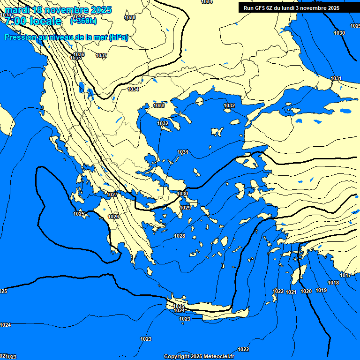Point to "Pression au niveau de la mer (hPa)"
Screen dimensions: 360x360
[66, 37]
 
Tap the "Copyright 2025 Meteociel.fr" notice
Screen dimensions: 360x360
[200, 357]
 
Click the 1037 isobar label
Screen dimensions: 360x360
[101, 56]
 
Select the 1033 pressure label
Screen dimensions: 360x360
[159, 106]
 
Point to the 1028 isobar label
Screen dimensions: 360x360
[180, 236]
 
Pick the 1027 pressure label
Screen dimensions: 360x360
[112, 195]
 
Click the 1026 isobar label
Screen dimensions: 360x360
[113, 217]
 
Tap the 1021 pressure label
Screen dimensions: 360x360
[291, 292]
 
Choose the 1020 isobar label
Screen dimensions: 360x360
[306, 292]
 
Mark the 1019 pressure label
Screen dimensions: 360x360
[321, 291]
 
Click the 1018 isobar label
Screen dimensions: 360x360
[333, 283]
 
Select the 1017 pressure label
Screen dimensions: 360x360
[345, 276]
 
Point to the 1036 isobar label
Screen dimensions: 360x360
[79, 55]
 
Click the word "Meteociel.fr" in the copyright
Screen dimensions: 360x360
[217, 357]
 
